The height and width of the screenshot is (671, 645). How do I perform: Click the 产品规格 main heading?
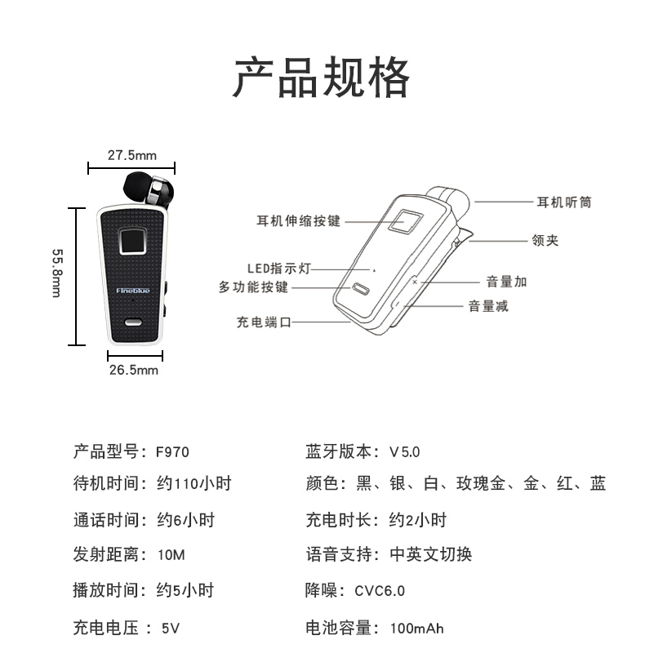[322, 78]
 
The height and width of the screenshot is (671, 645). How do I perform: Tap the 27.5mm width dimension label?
[132, 155]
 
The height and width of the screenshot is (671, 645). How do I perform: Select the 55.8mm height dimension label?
[57, 273]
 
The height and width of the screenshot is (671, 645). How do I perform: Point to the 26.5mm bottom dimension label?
[134, 370]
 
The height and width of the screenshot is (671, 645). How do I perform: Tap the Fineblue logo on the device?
[133, 291]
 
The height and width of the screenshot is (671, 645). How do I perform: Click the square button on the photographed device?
[133, 241]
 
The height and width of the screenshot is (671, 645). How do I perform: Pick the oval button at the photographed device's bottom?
[133, 322]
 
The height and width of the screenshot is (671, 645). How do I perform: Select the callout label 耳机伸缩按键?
[299, 221]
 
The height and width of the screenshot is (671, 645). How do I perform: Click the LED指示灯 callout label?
[278, 269]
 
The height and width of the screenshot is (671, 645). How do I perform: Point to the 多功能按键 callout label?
[253, 287]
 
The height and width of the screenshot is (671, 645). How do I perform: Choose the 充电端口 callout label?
[264, 322]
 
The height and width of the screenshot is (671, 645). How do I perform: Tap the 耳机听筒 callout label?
[564, 202]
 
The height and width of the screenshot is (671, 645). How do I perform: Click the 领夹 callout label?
[545, 240]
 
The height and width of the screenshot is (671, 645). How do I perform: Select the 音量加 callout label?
[506, 282]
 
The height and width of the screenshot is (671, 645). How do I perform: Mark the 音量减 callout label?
[488, 306]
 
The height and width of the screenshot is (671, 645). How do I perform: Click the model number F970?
[172, 452]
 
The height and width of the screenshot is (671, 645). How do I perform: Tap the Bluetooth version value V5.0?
[404, 452]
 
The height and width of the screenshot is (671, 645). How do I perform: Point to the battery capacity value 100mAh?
[416, 629]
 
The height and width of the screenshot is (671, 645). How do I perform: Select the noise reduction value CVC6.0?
[380, 590]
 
